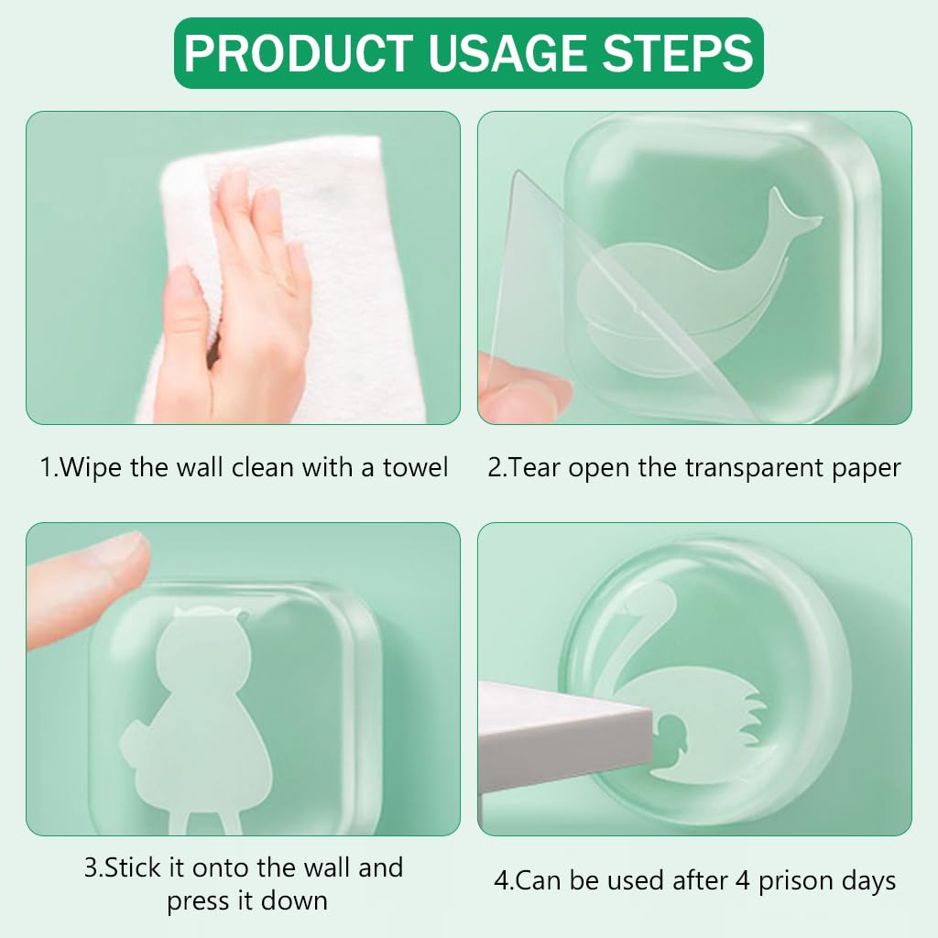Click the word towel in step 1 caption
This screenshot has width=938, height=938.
[x=414, y=468]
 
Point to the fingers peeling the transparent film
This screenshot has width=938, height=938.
[x=522, y=394]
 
